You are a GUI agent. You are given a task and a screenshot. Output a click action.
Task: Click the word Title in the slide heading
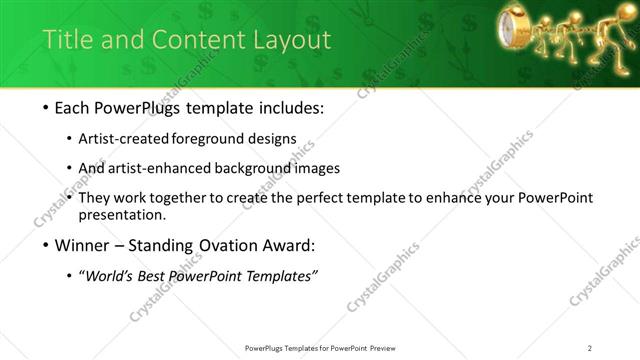pos(66,40)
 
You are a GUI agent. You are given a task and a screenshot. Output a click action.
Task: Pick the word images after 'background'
pos(320,168)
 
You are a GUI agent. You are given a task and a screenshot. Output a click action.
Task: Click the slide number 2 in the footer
pos(590,348)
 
